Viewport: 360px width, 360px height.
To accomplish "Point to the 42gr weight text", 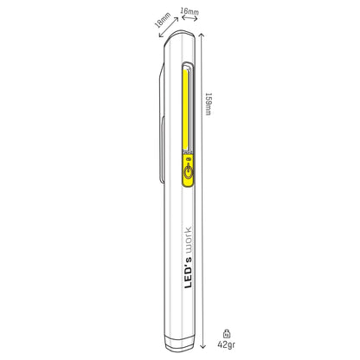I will pyautogui.click(x=227, y=344).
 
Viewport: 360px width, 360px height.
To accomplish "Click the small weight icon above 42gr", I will pyautogui.click(x=227, y=331).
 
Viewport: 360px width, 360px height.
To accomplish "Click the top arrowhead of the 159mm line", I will pyautogui.click(x=201, y=35).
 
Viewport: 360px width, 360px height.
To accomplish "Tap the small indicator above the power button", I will pyautogui.click(x=187, y=160).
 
